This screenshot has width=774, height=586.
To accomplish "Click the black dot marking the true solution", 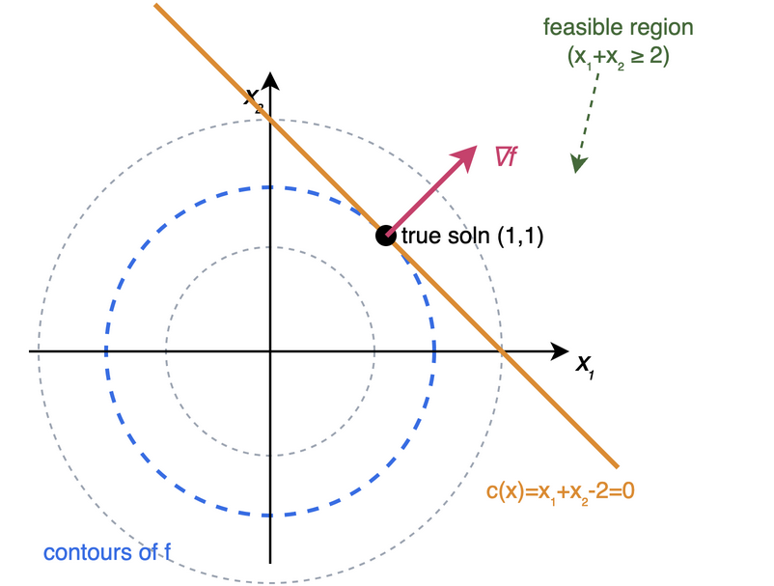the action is click(385, 236).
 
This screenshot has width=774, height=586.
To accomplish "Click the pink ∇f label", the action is click(507, 157).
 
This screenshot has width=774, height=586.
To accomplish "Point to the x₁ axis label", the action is click(585, 366).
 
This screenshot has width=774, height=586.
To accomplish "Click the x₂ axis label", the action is click(254, 99).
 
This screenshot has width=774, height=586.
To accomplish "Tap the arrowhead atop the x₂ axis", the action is click(270, 81).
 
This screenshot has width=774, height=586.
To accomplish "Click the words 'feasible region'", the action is click(618, 28).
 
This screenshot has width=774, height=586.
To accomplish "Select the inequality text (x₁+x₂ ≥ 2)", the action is click(618, 57).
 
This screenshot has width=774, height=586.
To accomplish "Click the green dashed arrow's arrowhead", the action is click(578, 163).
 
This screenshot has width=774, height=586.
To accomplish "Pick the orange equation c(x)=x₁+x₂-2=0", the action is click(561, 492).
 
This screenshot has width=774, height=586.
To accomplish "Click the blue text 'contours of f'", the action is click(107, 552).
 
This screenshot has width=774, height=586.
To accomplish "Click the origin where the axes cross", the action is click(270, 351).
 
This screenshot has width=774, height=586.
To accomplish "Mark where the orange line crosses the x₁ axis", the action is click(502, 351).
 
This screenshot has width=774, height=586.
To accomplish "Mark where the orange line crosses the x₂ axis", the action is click(270, 120).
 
